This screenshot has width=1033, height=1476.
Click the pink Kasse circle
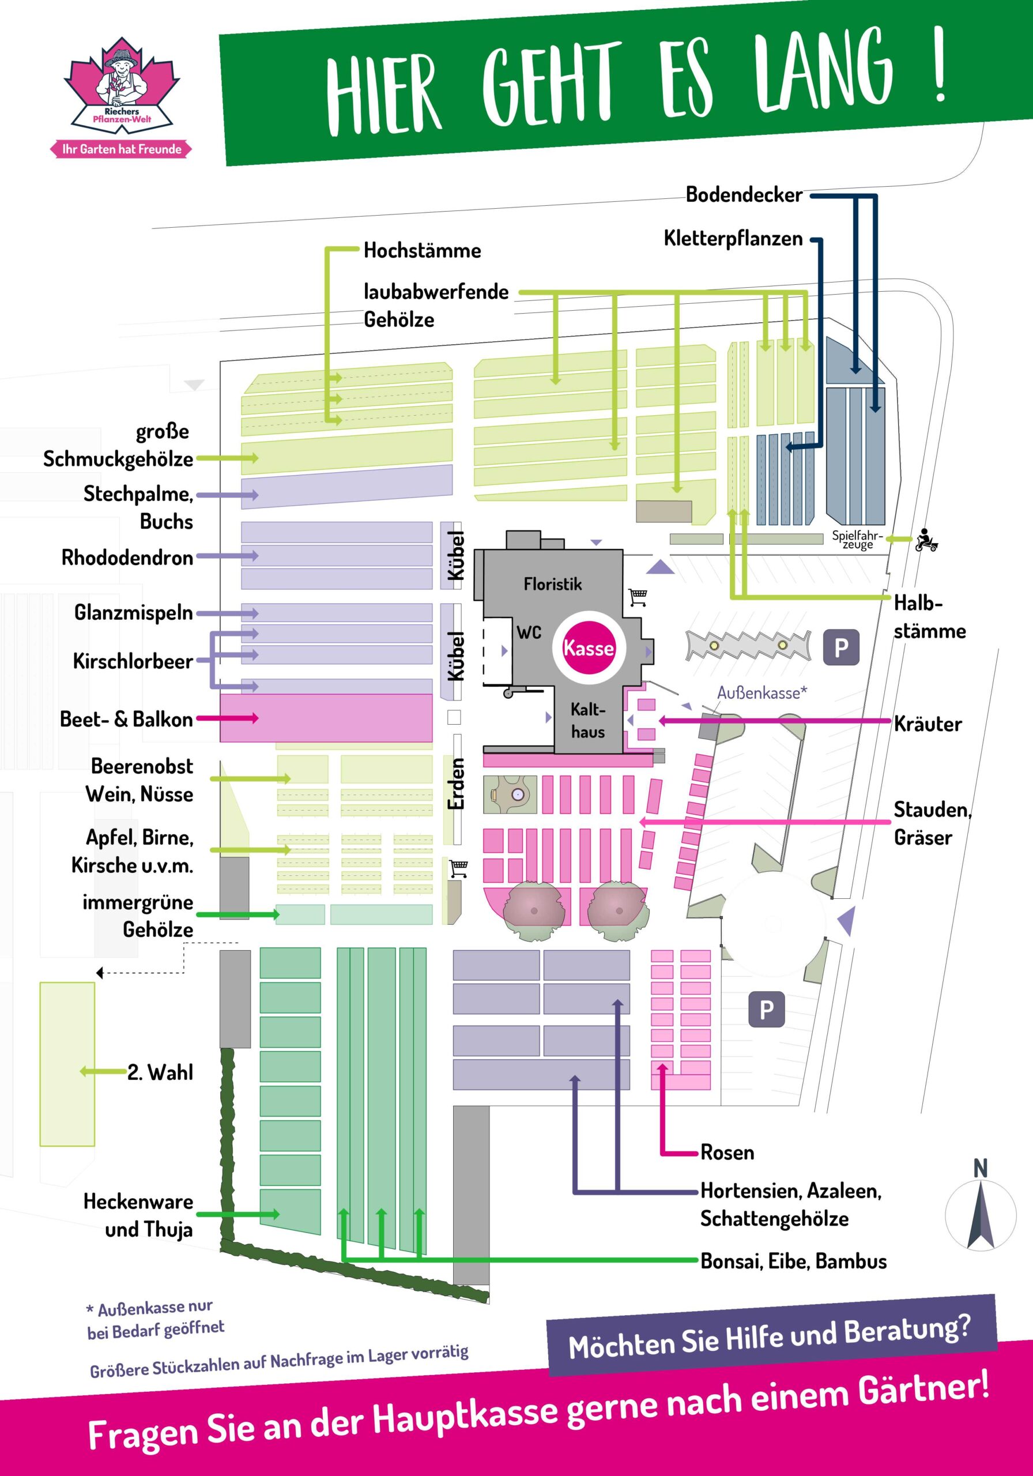point(588,647)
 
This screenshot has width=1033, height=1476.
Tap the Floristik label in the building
point(552,583)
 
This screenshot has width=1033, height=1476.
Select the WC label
point(529,632)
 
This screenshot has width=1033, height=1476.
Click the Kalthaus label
point(587,721)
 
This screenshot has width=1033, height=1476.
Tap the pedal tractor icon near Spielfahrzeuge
point(926,540)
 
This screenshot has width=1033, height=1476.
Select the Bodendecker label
point(744,195)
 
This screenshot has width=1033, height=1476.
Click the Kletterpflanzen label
point(733,239)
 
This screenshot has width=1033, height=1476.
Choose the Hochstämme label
point(422,250)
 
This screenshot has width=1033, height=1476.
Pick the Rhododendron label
point(127,558)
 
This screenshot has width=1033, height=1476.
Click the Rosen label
point(727,1152)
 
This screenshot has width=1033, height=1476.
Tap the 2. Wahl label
point(160,1072)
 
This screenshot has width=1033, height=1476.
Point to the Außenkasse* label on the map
point(761,692)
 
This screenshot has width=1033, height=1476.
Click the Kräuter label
point(928,724)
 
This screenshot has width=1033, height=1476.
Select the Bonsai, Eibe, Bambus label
point(793,1262)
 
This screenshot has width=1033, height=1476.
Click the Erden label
point(456,784)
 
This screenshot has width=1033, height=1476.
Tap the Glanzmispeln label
point(133,612)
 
